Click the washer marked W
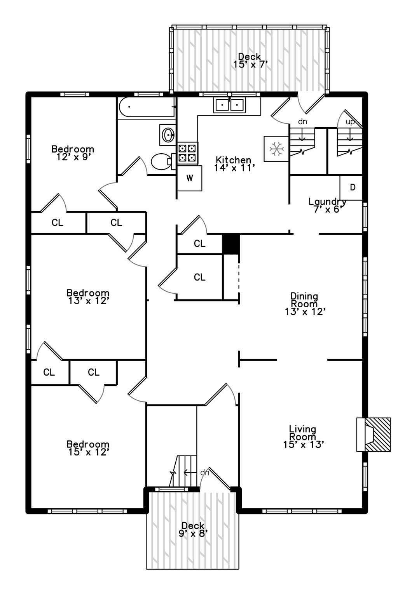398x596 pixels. coord(190,178)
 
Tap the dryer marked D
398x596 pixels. coord(352,188)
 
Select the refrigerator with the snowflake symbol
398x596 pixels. coord(276,149)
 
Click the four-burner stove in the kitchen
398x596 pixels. coord(187,152)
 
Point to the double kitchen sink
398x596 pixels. coord(230,105)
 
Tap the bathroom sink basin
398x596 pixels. coord(168,135)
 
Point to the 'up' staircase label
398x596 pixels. coord(350,122)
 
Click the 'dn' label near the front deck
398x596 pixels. coord(204,473)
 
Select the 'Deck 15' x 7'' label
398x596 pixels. coord(250,61)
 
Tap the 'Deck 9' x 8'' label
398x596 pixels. coord(193,530)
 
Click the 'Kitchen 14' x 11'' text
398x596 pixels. coord(234,164)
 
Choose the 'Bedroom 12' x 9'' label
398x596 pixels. coord(73,153)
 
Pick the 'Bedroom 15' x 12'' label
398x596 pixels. coord(88,448)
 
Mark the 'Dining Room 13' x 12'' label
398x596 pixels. coord(304,304)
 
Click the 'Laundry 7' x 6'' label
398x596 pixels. coord(327,205)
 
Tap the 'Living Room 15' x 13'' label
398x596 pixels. coord(303,437)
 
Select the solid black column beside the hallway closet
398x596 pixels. coord(230,244)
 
